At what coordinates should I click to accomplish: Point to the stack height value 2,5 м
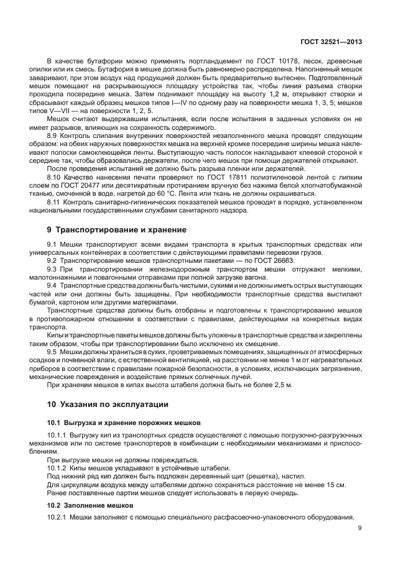click(282, 385)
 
